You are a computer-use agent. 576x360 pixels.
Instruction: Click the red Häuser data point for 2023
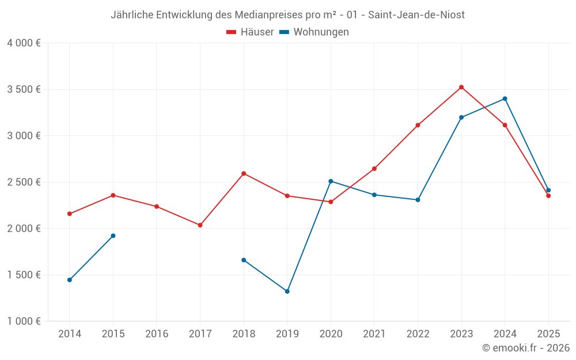(461, 87)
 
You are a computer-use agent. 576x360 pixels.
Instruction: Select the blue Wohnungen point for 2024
(505, 98)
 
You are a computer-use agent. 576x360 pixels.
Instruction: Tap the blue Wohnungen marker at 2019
(287, 291)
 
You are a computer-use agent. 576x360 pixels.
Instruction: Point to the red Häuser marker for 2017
(200, 225)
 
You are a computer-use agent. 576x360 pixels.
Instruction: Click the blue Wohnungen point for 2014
(70, 280)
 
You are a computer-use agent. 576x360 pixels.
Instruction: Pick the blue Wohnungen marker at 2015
(113, 236)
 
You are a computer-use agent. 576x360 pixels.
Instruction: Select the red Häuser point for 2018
(244, 173)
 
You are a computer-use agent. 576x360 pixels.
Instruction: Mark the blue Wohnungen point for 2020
(331, 181)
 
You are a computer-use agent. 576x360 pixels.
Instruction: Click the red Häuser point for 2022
(418, 125)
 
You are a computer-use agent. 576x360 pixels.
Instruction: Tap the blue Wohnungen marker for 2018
(244, 260)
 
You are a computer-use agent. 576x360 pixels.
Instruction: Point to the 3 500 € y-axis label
(24, 89)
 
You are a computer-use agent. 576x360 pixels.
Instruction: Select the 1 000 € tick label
(24, 321)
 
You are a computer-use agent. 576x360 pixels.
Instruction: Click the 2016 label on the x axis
(157, 334)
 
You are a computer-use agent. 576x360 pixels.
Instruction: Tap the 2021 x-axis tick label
(374, 334)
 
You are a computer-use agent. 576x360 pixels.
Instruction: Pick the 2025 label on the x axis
(548, 334)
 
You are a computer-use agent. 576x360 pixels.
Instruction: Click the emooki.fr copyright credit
(525, 348)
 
